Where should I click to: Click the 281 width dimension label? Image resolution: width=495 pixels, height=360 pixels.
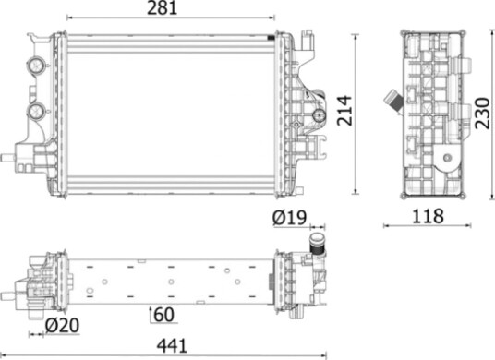point(163,8)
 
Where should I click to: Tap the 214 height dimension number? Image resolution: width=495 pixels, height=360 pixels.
point(344,111)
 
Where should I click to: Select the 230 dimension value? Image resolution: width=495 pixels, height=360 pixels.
point(483,114)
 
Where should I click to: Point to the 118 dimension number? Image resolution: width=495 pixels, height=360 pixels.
point(429,216)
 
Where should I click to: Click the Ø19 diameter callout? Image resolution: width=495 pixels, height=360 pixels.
point(289,218)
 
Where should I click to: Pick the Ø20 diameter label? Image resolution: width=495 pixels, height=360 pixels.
point(62,326)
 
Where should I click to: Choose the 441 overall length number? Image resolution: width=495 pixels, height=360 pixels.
point(172,346)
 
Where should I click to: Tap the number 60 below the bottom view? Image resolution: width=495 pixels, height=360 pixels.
point(164,315)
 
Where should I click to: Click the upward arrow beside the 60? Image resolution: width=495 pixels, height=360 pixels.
point(151,314)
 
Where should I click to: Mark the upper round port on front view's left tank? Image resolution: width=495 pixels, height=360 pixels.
point(35,66)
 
